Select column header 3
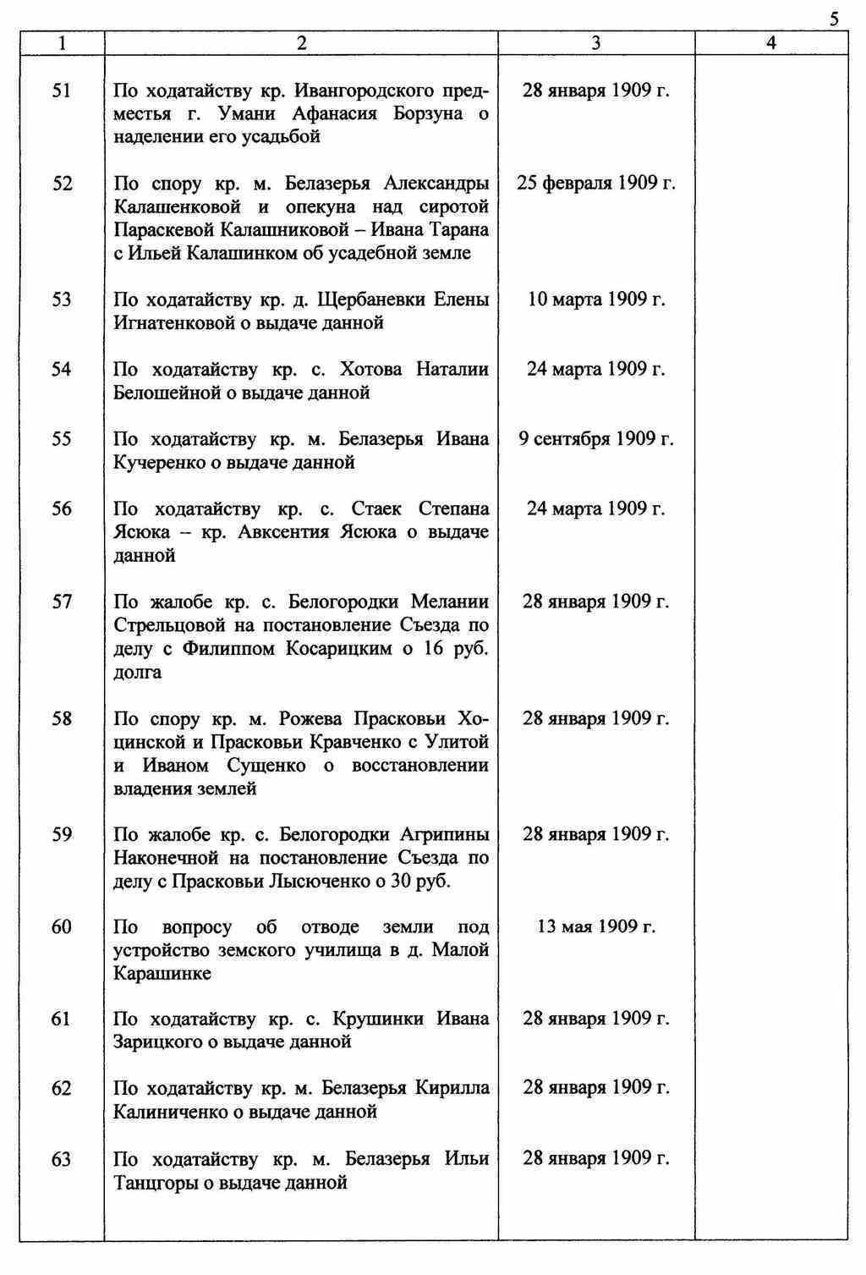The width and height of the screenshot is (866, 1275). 596,43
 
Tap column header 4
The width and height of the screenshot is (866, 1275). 770,43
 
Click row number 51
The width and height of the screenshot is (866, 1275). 62,91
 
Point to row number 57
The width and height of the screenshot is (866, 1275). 62,602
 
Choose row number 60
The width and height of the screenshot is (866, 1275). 62,926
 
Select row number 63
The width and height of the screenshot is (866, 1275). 62,1159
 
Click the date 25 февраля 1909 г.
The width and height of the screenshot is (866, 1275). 596,184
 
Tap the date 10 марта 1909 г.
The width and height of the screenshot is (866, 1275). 596,300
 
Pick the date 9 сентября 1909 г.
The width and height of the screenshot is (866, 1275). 596,439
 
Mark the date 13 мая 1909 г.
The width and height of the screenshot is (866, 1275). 596,926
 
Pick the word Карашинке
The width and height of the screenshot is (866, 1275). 162,974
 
